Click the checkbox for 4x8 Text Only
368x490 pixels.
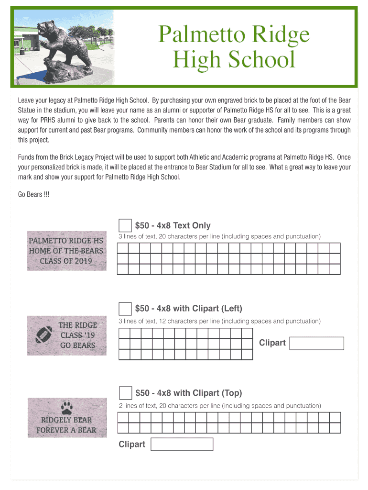[125, 225]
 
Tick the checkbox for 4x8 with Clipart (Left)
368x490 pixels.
[125, 309]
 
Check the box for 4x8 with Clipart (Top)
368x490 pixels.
[125, 393]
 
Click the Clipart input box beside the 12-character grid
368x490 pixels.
[317, 343]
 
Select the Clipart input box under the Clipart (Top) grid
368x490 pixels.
[182, 445]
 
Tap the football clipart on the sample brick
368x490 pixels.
[43, 334]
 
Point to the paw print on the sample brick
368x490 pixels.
[66, 408]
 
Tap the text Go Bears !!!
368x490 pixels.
[33, 195]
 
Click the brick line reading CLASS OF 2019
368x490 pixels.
[66, 261]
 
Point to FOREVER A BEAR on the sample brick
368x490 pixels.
[66, 430]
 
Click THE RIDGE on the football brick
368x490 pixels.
[77, 325]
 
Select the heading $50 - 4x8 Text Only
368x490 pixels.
[173, 225]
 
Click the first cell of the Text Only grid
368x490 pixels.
[123, 248]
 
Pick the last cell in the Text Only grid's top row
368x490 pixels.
[335, 248]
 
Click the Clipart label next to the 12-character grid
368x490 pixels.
[272, 343]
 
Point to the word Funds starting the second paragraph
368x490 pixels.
[26, 157]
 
